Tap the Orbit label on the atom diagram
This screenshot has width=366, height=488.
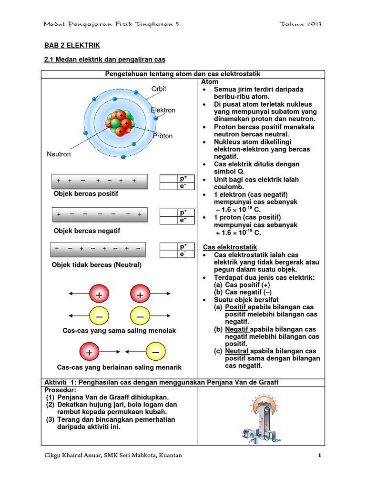coord(159,89)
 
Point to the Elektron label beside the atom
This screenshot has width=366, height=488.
coord(163,110)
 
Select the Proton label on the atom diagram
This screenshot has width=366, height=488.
coord(163,136)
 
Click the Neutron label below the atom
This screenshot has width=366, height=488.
coord(59,154)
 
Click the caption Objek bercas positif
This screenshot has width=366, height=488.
coord(86,194)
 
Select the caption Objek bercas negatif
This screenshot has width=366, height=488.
coord(87,231)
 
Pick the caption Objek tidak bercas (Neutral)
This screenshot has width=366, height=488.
coord(97,264)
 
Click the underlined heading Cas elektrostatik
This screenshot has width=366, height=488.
coord(230,247)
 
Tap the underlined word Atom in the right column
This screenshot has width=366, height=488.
coord(211,82)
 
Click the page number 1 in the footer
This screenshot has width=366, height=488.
coord(320,456)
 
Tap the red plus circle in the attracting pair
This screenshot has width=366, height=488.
coord(89,352)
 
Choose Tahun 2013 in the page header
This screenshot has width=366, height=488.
coord(302,24)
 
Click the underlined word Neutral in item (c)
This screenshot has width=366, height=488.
coord(237,351)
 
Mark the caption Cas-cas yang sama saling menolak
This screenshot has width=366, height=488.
coord(119,330)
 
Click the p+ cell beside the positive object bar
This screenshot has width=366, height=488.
coord(183,178)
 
